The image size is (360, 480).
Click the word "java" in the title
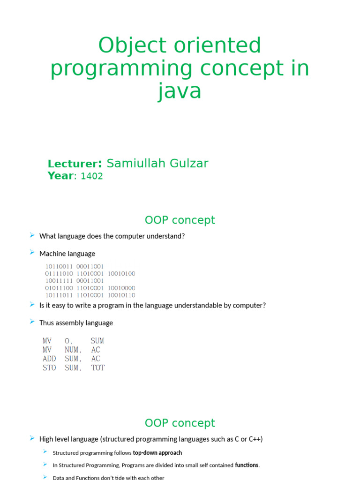pos(180,91)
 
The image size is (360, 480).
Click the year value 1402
pos(92,176)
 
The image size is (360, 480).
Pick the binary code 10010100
pos(121,273)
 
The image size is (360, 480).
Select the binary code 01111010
pos(59,273)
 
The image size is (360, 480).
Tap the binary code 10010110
pos(121,295)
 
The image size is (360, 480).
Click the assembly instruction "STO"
pos(49,368)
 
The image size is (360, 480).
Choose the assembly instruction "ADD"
pos(49,359)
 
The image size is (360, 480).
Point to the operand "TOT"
pos(98,368)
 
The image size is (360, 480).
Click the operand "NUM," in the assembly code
pos(74,350)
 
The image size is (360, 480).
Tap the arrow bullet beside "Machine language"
pos(32,253)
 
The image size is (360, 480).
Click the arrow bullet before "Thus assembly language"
pos(32,322)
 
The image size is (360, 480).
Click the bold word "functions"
pos(247,465)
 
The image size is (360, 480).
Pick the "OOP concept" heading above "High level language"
pos(180,423)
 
